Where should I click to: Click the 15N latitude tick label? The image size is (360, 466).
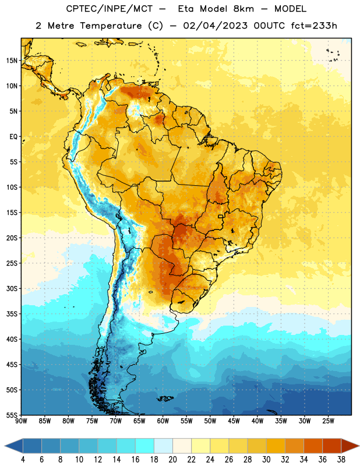(12, 61)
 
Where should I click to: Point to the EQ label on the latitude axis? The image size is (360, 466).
(13, 137)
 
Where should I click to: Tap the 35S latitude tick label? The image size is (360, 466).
(12, 314)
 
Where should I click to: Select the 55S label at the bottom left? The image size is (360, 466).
(12, 415)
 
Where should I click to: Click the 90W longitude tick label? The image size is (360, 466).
(21, 421)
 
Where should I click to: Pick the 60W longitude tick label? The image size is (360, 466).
(163, 421)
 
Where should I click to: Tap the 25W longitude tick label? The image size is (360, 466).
(328, 421)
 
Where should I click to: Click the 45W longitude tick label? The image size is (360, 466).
(234, 421)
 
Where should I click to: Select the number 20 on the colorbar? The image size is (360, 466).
(172, 460)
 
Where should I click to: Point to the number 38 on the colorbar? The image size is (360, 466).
(341, 460)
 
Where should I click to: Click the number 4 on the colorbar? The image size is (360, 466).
(23, 460)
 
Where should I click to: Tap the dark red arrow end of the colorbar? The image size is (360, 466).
(350, 446)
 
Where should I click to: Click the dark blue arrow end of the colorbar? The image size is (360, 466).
(13, 446)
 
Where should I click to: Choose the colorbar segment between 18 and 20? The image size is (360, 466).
(163, 446)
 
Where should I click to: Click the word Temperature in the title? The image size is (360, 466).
(111, 26)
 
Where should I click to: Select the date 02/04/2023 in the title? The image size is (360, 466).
(215, 26)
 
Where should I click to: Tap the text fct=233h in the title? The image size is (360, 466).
(314, 26)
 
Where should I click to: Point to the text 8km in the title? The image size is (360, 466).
(243, 9)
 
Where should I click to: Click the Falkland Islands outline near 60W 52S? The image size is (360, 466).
(165, 398)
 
